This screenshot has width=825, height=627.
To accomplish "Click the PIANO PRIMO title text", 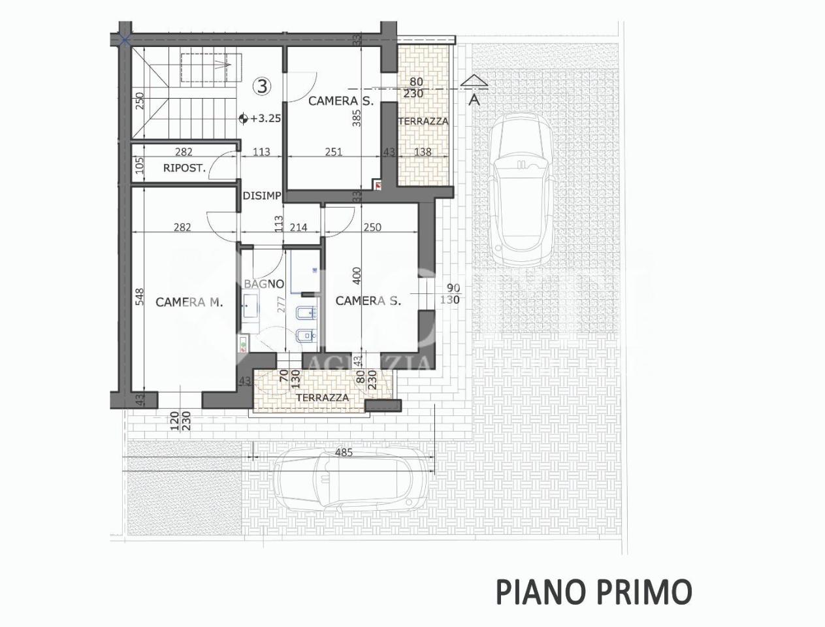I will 593,592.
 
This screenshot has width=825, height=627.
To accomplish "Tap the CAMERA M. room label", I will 189,302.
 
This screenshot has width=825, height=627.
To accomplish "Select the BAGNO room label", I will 264,284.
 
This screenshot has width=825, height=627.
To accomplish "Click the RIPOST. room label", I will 184,168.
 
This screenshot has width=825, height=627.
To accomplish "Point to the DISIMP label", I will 262,196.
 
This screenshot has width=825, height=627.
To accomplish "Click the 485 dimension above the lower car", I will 343,452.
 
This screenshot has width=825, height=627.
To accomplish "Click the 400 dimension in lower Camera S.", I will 357,276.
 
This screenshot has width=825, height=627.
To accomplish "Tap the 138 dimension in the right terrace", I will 423,152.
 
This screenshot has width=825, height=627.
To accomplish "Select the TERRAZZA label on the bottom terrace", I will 322,398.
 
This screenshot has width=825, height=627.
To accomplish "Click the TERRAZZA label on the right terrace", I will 423,121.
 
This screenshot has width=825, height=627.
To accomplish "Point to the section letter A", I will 475,99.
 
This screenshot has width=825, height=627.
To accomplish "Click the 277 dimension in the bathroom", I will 282,306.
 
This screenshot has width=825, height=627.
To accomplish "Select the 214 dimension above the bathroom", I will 298,227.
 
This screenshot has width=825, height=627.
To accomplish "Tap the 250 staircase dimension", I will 139,101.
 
